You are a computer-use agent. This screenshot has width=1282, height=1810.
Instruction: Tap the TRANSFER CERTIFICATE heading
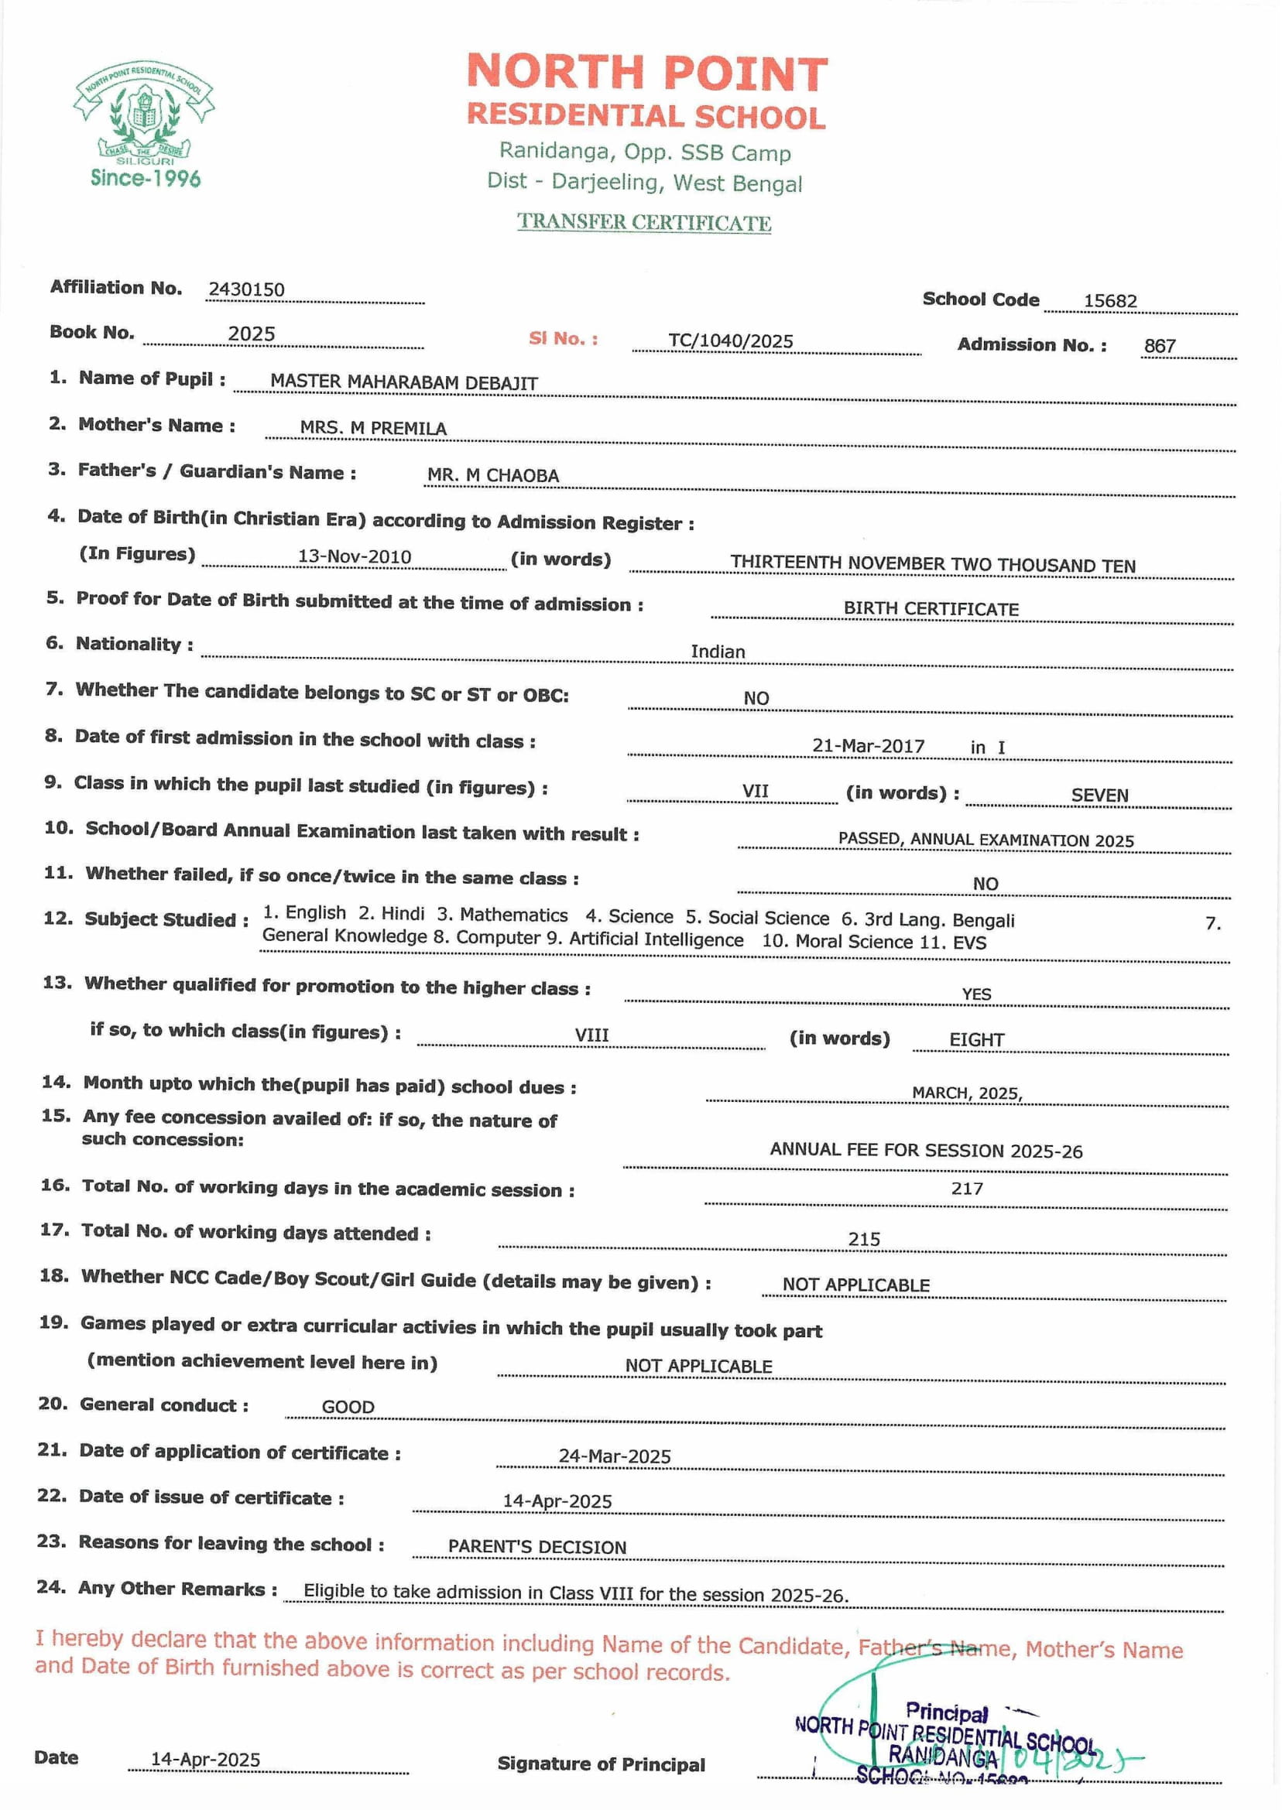(644, 222)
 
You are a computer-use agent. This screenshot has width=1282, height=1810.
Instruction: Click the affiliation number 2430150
(246, 289)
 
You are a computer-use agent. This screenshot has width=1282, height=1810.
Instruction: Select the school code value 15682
(1110, 300)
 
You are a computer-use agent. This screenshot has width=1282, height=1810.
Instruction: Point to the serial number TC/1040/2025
(730, 340)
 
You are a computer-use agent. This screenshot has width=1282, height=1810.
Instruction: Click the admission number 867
(1160, 346)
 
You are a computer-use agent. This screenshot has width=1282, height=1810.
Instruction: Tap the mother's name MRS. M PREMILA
(372, 428)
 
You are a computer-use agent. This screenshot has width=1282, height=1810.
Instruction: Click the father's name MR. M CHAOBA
(492, 475)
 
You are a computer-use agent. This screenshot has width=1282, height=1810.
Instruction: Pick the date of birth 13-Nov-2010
(355, 556)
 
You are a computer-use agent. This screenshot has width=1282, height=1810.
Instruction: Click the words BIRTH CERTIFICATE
(931, 608)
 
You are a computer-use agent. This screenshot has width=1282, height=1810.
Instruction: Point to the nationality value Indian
(718, 651)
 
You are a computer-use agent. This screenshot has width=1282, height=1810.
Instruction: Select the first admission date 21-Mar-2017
(868, 746)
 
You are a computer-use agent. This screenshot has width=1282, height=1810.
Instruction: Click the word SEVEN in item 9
(1099, 795)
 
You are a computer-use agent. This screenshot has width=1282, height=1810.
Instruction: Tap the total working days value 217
(966, 1189)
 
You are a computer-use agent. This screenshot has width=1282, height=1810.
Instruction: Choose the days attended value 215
(864, 1239)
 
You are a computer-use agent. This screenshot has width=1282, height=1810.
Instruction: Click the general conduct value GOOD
(348, 1407)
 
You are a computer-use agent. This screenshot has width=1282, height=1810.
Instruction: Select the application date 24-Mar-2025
(614, 1456)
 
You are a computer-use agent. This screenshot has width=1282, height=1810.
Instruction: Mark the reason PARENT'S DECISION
(536, 1546)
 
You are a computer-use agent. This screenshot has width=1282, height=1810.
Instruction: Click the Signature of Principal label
(601, 1764)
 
